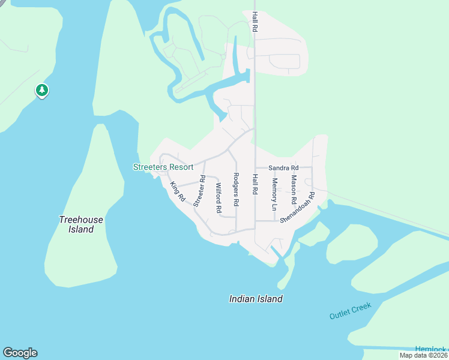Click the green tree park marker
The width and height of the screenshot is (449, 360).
(42, 91)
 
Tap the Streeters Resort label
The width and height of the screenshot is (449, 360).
(163, 167)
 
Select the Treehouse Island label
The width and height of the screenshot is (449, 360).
(81, 224)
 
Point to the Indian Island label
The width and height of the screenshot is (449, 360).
(256, 299)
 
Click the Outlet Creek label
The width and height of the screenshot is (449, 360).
(351, 311)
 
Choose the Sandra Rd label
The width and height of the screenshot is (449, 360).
(283, 168)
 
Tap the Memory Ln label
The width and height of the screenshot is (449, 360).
(274, 194)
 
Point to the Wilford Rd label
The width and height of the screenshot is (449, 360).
(218, 199)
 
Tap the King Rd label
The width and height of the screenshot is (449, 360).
(178, 191)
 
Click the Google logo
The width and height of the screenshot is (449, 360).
(20, 353)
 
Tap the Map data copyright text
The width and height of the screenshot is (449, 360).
(423, 355)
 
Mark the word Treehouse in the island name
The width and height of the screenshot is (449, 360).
(81, 220)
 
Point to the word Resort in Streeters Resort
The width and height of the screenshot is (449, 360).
(180, 167)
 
